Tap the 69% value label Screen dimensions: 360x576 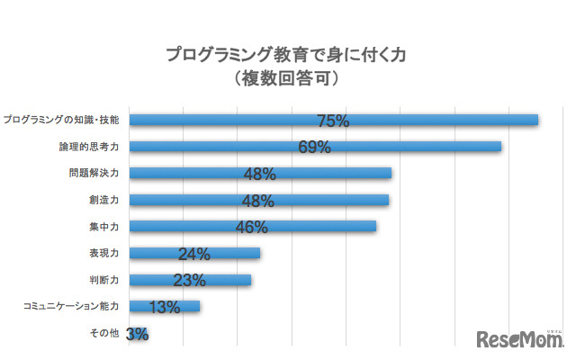[x=314, y=148]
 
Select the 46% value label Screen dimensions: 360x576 [x=251, y=228]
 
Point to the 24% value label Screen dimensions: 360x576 [x=193, y=255]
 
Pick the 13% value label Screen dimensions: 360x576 [x=164, y=307]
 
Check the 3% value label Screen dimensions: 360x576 [x=138, y=334]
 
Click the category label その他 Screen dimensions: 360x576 [x=106, y=333]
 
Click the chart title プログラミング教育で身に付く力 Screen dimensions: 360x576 [x=286, y=55]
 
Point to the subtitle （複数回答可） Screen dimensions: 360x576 [x=286, y=79]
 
